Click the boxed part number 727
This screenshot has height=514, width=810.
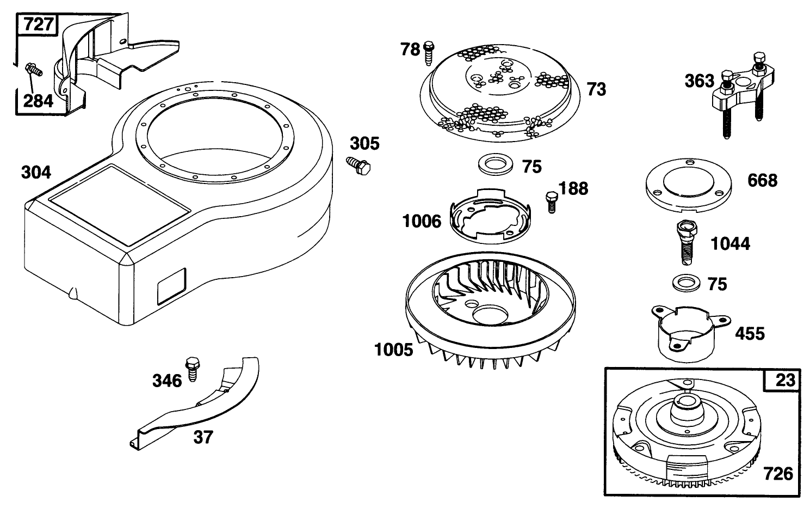(x=38, y=25)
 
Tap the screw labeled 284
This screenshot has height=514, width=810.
(x=34, y=69)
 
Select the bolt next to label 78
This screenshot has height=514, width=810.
(x=429, y=53)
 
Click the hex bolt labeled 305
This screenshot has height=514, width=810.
(x=358, y=166)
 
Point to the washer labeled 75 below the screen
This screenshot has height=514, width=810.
(x=495, y=164)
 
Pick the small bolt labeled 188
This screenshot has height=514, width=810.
(x=552, y=202)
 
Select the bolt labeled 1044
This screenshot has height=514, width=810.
(x=687, y=242)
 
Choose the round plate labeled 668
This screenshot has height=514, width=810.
(x=689, y=185)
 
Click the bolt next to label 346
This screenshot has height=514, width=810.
(x=193, y=369)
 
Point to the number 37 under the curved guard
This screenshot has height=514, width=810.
(x=203, y=437)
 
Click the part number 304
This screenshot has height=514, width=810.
(x=36, y=172)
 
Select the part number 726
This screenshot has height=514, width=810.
(x=778, y=474)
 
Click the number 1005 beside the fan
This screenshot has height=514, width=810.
(x=393, y=350)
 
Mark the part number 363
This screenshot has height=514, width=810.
(x=700, y=81)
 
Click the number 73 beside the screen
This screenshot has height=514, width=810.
(x=596, y=89)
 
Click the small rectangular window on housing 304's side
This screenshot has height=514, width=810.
(x=171, y=286)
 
